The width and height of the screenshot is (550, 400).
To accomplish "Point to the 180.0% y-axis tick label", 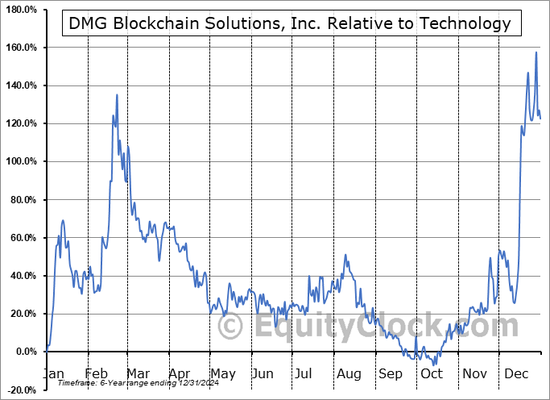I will click(21, 10).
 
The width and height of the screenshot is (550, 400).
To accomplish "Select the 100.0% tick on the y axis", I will click(21, 161).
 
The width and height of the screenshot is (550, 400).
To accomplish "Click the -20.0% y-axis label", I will click(21, 390).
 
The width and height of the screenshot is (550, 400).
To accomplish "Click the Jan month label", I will click(53, 373).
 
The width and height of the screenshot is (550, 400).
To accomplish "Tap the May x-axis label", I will click(223, 373).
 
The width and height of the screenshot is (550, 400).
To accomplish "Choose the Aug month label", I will click(349, 373).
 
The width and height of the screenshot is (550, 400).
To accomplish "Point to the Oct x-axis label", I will click(432, 373).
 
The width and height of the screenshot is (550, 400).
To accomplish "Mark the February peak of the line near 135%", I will click(117, 95).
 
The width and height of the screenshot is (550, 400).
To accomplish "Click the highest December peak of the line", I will click(536, 52).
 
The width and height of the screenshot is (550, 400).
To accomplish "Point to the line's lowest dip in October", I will click(434, 365).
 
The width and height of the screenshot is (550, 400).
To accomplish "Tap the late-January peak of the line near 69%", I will click(63, 220).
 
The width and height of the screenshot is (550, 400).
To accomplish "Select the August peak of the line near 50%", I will click(345, 256).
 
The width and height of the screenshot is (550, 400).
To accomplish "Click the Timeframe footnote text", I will click(121, 384).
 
